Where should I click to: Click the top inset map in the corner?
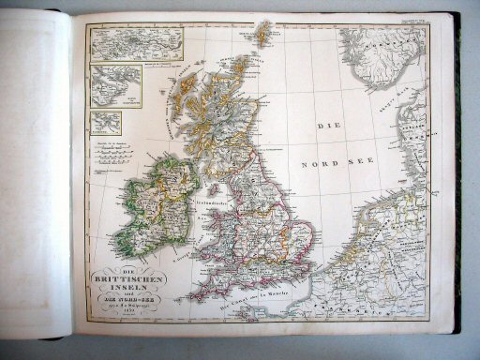(x=135, y=43)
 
